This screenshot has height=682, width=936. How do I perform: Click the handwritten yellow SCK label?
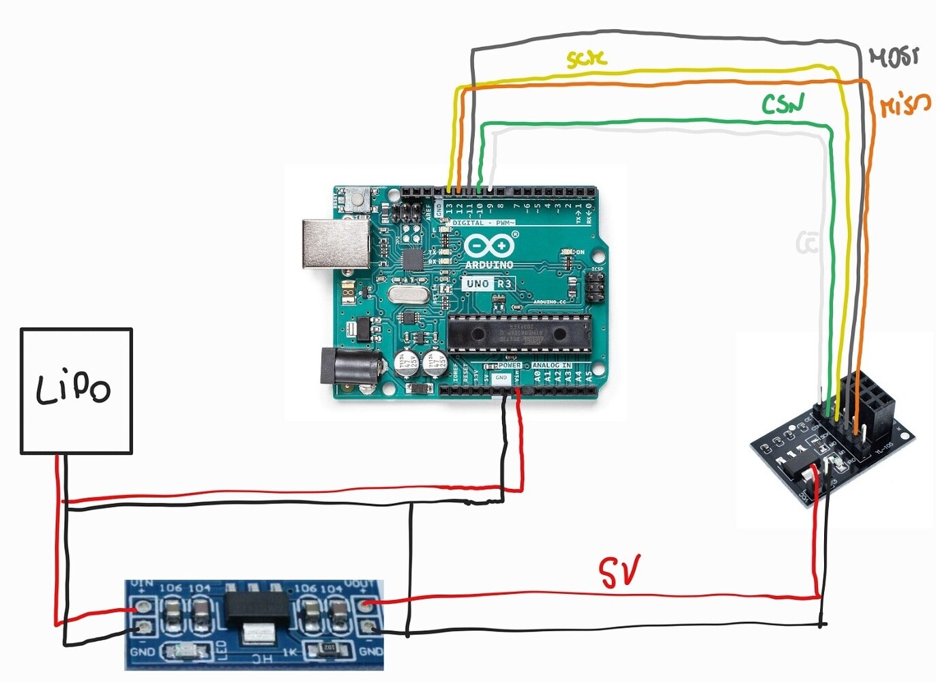tap(586, 59)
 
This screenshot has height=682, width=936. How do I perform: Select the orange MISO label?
tap(905, 104)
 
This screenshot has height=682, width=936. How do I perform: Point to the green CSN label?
tap(783, 104)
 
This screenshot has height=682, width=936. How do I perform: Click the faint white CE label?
tap(806, 242)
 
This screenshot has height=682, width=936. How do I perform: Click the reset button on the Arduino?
tap(357, 199)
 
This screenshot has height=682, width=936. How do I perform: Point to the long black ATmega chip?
tap(518, 333)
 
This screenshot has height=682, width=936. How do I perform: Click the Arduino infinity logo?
tap(489, 245)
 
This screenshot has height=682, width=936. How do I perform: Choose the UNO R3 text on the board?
tap(488, 283)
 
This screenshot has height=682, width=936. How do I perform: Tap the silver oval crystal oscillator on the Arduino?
tap(408, 295)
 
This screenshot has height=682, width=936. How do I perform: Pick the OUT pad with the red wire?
tap(368, 604)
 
